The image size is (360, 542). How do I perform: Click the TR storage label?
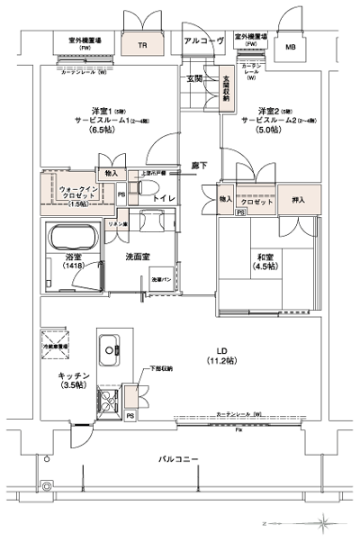pos(142,44)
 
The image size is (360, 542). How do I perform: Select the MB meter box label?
pos(291,47)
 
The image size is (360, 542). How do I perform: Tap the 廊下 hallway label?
pos(198,165)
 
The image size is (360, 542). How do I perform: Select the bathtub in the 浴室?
pos(75,241)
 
